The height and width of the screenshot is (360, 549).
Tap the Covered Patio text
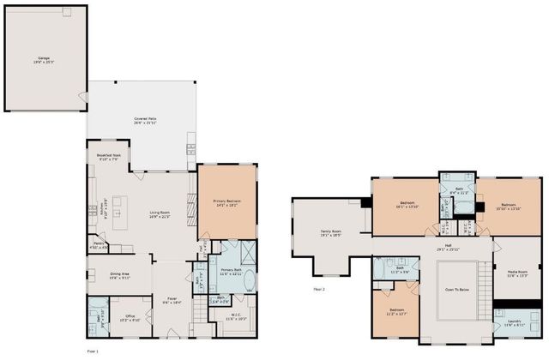click(x=143, y=121)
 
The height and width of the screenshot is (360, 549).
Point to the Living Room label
click(x=160, y=214)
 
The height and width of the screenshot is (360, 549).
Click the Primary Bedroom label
click(x=227, y=203)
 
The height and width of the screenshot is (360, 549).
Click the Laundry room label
click(x=514, y=323)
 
